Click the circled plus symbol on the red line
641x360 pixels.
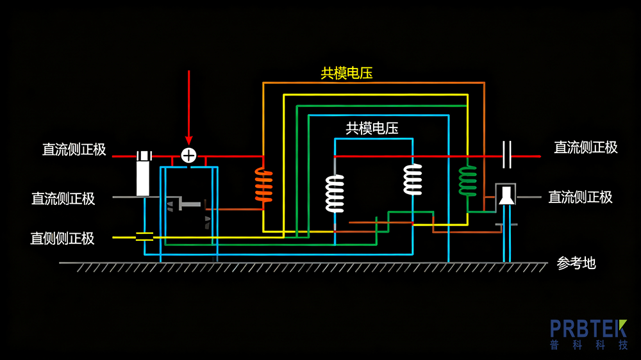point(188,156)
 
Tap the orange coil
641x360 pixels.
point(263,185)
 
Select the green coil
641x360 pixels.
point(468,181)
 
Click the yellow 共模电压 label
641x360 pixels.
point(347,73)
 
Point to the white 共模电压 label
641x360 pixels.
point(372,128)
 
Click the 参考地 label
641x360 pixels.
point(576,263)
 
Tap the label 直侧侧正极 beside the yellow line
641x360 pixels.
point(63,238)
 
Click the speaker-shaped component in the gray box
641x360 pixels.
point(506,195)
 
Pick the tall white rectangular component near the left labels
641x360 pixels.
point(144,174)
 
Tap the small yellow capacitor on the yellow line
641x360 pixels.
point(145,237)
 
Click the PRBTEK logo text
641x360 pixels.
point(588,329)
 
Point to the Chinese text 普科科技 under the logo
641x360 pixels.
point(588,345)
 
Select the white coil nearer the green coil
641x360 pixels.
point(413,179)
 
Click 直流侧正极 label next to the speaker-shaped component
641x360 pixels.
point(580,197)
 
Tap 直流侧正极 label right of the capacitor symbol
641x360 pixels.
point(586,147)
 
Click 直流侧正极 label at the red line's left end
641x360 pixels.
point(74,149)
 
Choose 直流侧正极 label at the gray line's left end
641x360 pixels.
point(63,199)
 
